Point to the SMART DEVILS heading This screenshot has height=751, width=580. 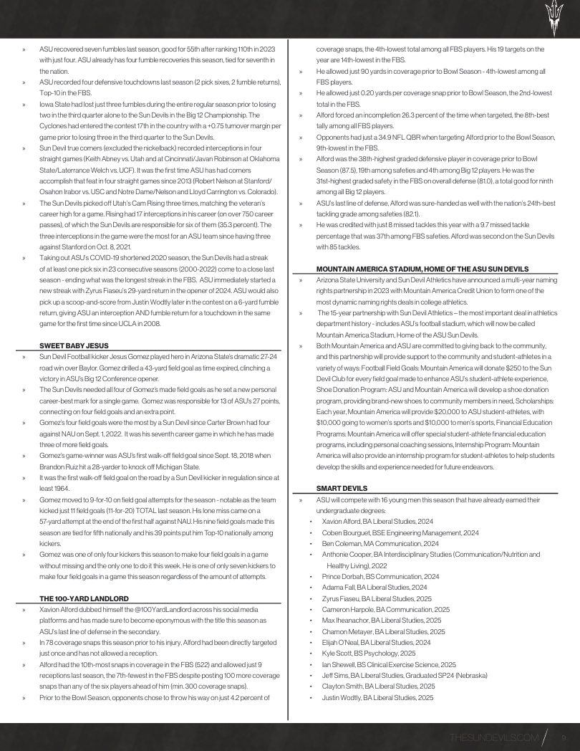pos(337,488)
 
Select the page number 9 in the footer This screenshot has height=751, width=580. pos(564,737)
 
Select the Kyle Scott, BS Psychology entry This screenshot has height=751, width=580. pos(368,654)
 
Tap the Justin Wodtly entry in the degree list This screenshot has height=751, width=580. pos(377,697)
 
